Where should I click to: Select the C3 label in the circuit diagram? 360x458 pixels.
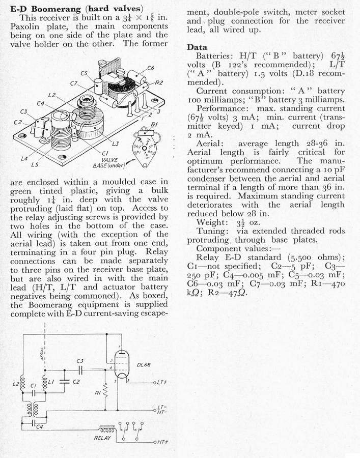(80, 361)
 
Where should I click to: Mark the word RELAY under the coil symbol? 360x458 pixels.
(103, 437)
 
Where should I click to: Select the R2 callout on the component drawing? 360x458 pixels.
(159, 82)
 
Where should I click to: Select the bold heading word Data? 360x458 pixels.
(197, 47)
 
